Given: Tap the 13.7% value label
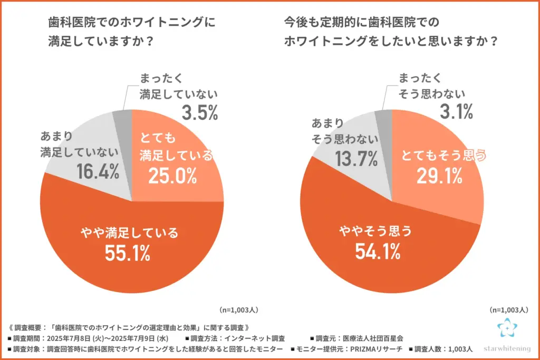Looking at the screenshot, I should point(356,158).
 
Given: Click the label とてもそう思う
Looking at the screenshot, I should point(442,155).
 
